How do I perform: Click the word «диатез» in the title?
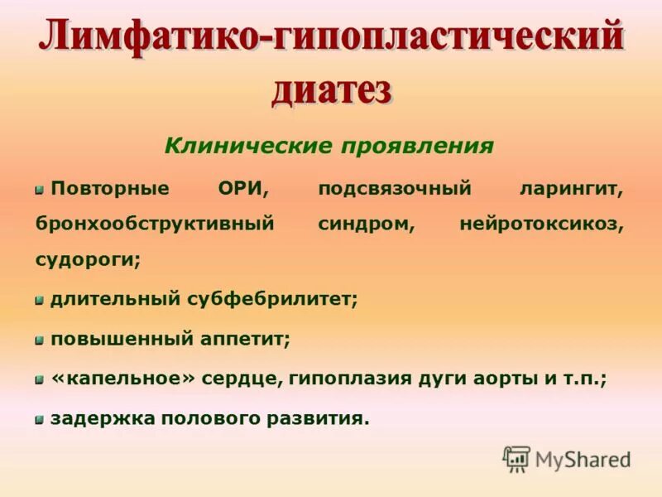coord(331,89)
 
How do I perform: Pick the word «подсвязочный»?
coord(395,189)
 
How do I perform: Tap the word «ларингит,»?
coord(571,189)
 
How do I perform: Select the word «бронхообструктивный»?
coord(154,224)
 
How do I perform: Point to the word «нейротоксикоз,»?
coord(541,224)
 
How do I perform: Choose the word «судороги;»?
coord(88,260)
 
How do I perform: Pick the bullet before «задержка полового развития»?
coord(39,420)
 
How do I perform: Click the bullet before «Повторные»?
coord(39,190)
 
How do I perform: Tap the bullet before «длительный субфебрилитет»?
coord(39,300)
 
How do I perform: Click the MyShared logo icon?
coord(516,459)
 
